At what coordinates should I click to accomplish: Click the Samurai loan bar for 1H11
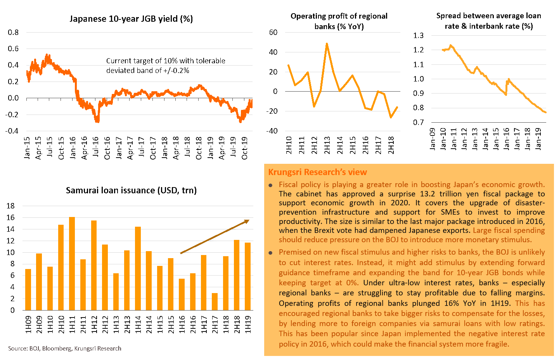(x=72, y=264)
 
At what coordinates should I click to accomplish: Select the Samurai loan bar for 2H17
(x=215, y=302)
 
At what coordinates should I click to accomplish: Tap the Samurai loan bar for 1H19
(x=247, y=276)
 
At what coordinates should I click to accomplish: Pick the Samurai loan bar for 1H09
(x=28, y=290)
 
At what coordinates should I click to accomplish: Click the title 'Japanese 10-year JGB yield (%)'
(x=131, y=19)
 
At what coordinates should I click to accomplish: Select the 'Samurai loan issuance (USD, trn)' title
(x=131, y=190)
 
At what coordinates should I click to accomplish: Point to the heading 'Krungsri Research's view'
(x=317, y=172)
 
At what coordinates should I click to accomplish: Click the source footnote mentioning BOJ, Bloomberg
(x=65, y=348)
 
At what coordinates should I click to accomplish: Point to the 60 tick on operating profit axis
(x=273, y=32)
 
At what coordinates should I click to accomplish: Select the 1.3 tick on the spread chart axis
(x=419, y=35)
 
